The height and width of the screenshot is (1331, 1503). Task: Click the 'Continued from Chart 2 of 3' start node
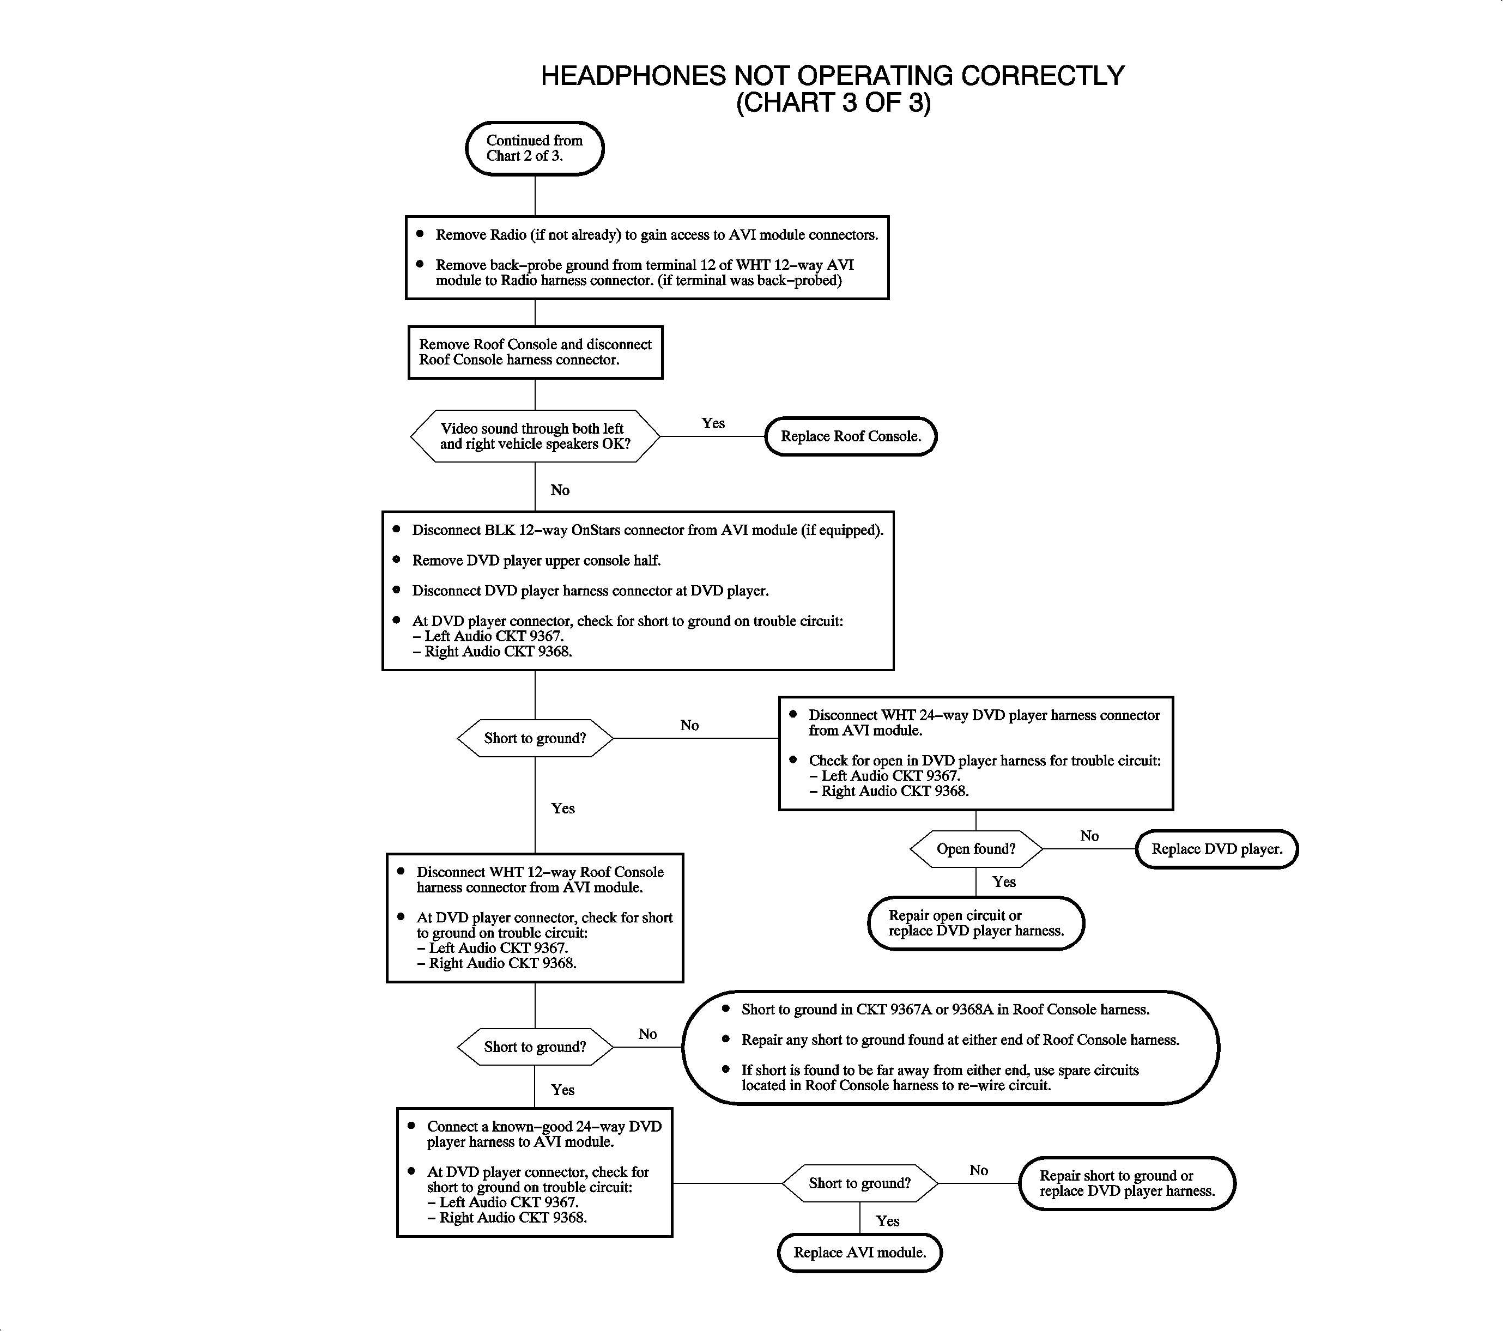coord(535,148)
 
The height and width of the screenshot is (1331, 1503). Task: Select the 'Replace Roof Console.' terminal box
coord(851,436)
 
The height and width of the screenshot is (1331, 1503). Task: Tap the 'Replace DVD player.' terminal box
coord(1216,849)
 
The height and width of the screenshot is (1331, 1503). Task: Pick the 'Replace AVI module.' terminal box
coord(859,1253)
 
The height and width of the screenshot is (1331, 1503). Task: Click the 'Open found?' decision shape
coord(976,849)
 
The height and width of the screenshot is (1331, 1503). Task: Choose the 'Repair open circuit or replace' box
coord(976,923)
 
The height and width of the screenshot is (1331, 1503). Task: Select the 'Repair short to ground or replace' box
coord(1126,1183)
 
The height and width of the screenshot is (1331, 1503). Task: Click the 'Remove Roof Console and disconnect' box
coord(535,352)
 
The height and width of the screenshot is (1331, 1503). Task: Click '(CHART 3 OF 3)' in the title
coord(833,103)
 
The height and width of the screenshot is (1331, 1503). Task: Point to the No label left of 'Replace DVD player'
coord(1089,836)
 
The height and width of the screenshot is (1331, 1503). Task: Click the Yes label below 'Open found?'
coord(1004,882)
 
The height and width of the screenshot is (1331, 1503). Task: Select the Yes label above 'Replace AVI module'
coord(888,1221)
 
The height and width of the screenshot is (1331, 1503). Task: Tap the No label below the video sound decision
coord(560,490)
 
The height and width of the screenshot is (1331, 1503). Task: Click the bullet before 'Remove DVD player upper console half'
coord(396,560)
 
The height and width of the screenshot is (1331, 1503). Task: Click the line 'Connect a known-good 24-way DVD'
coord(544,1127)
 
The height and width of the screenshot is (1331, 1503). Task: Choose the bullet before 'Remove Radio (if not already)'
coord(420,234)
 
